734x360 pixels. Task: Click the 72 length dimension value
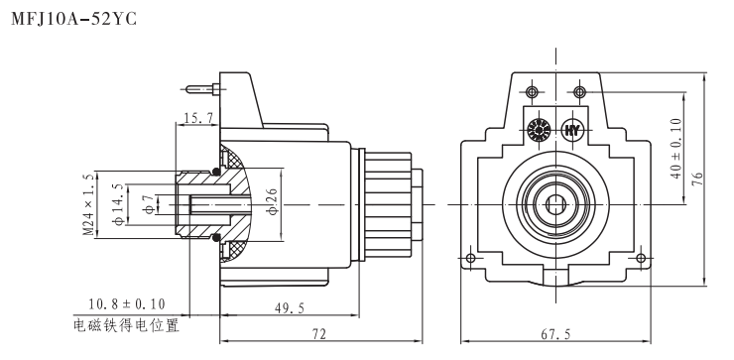point(317,335)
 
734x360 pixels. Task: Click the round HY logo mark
point(572,130)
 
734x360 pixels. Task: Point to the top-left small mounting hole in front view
point(534,92)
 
